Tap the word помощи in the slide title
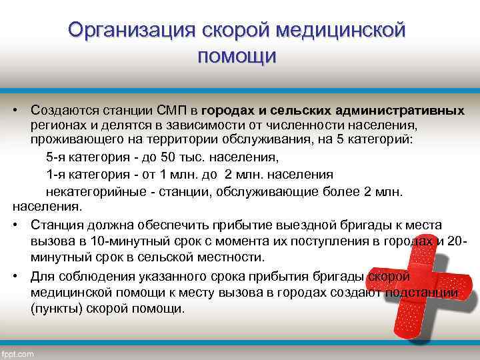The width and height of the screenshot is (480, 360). (x=237, y=56)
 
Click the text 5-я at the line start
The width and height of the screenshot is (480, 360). (x=57, y=158)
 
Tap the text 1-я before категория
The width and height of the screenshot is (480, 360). (x=57, y=175)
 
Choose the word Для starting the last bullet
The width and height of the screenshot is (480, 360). (x=42, y=277)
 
